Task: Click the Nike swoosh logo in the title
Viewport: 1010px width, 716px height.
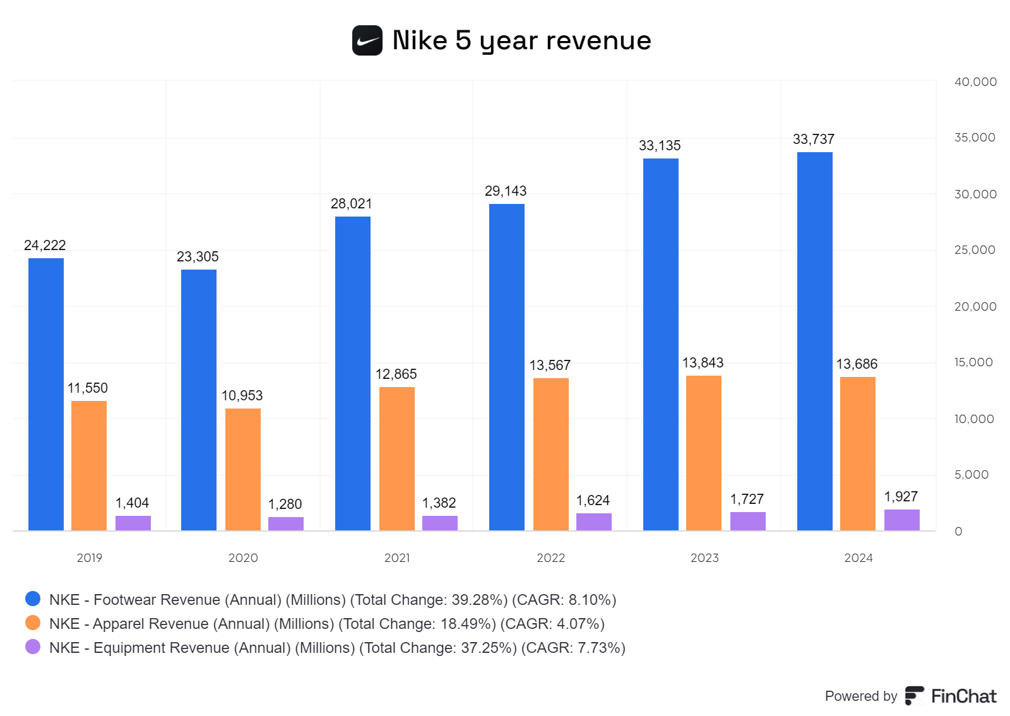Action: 367,40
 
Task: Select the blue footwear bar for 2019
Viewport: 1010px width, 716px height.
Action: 46,394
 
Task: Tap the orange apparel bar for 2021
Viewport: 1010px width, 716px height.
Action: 397,458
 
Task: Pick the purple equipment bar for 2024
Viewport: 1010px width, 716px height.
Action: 901,520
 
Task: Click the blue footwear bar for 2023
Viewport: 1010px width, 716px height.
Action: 661,344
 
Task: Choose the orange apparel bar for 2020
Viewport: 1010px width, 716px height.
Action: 243,469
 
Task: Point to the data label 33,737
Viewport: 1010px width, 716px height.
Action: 814,139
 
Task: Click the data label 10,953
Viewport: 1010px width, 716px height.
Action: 242,395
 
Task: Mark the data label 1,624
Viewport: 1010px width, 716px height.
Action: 593,500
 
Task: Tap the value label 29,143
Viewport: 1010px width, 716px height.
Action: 505,191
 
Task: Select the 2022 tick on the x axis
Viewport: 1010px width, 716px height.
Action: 550,558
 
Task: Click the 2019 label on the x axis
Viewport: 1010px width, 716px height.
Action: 89,558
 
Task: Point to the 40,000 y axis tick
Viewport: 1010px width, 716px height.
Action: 975,81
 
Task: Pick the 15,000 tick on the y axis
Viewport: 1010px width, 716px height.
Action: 973,362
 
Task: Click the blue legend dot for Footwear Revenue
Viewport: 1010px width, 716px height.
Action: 33,599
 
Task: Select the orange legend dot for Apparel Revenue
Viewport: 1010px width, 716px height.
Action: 33,623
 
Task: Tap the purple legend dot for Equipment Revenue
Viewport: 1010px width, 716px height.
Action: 33,647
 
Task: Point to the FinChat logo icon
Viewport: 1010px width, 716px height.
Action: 914,695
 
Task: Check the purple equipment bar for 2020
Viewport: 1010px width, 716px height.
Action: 286,523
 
